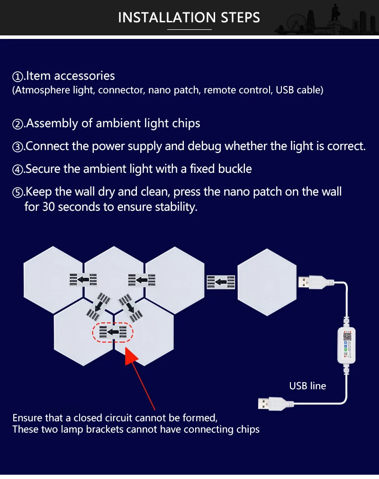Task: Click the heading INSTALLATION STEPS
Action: pyautogui.click(x=189, y=18)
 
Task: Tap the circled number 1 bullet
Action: pyautogui.click(x=18, y=76)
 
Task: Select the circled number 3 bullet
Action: pyautogui.click(x=18, y=147)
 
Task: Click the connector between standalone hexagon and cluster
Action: pyautogui.click(x=221, y=282)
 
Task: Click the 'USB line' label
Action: pyautogui.click(x=307, y=386)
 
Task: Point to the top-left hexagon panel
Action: pyautogui.click(x=53, y=280)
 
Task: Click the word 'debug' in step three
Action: pyautogui.click(x=205, y=146)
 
